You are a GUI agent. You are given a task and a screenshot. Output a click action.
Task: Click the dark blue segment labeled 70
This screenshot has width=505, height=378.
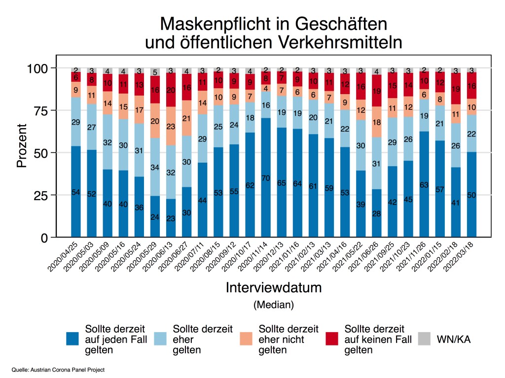(x=266, y=177)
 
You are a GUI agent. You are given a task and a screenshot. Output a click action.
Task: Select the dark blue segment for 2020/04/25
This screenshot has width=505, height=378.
(x=76, y=192)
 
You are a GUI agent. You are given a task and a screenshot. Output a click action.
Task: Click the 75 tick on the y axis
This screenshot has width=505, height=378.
(x=45, y=110)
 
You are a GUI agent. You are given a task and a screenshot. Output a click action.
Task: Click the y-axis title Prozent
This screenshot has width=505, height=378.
(x=22, y=153)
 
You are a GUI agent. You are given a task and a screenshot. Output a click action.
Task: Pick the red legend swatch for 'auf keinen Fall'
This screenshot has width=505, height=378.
(x=333, y=339)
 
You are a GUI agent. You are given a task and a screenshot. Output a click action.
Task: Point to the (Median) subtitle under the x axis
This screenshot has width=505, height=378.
(x=274, y=305)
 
